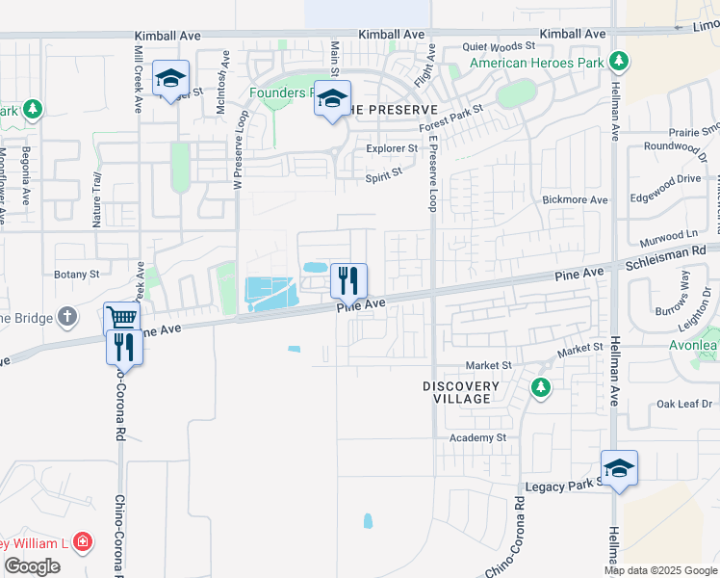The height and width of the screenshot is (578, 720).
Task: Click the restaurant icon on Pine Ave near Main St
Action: click(x=349, y=280)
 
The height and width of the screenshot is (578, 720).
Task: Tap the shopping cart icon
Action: click(x=122, y=317)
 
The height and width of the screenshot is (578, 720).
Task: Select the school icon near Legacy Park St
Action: click(x=619, y=468)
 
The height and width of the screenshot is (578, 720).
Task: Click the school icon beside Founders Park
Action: click(x=333, y=99)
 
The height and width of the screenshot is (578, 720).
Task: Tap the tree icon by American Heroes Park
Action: click(x=619, y=63)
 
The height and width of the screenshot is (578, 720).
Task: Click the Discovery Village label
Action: click(x=461, y=392)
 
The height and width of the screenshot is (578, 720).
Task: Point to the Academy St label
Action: click(x=478, y=437)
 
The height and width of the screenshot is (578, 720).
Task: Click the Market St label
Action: click(x=488, y=366)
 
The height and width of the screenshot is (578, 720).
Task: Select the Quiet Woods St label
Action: click(x=498, y=45)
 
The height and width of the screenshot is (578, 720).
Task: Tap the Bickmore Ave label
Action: click(x=576, y=199)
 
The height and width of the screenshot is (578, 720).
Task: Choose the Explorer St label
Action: click(x=392, y=148)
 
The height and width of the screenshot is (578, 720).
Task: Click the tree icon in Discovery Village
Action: click(x=540, y=387)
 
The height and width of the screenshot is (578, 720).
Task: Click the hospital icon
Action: click(x=84, y=541)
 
